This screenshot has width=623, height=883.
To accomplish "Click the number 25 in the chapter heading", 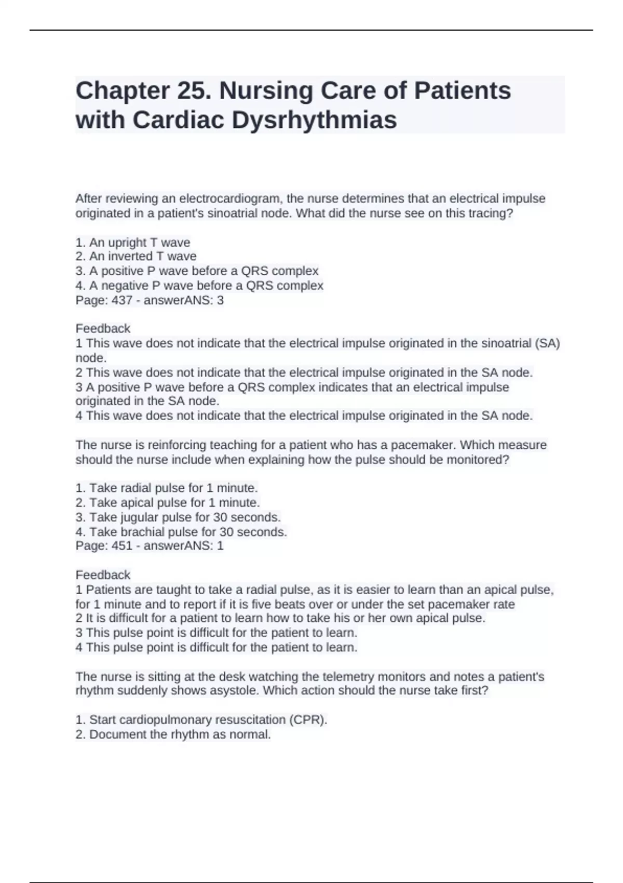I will click(193, 91).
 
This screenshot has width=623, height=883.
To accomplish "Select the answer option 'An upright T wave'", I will click(133, 243).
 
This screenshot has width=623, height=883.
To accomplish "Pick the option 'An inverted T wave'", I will click(136, 257).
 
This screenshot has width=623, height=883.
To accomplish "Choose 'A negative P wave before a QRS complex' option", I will click(199, 286).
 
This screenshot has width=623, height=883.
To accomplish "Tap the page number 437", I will click(122, 300).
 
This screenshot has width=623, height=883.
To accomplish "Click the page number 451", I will click(122, 546).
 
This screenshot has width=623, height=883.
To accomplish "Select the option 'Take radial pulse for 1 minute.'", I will click(167, 488).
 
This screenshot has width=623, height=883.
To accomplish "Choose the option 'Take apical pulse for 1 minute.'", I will click(168, 503).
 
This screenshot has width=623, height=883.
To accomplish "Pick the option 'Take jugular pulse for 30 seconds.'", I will click(178, 517).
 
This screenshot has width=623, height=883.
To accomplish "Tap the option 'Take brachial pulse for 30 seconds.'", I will click(181, 532).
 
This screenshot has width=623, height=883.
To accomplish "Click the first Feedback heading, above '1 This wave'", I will click(103, 329).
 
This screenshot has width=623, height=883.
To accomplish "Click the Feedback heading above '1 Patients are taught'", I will click(103, 575).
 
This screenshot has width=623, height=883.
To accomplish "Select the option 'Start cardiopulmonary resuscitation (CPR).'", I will click(201, 720).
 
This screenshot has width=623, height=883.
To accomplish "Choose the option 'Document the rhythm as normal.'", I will click(173, 734).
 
